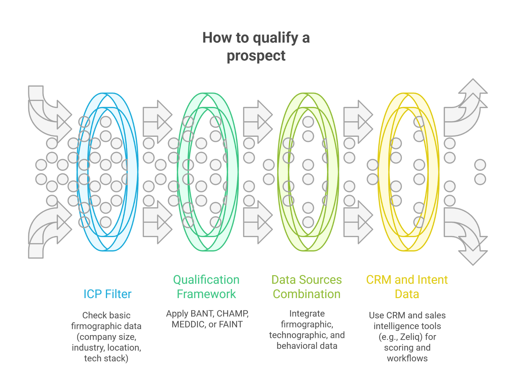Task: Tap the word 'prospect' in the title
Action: (256, 56)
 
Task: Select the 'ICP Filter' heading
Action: (107, 294)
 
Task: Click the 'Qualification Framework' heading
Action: (206, 287)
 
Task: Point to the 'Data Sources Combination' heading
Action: (307, 287)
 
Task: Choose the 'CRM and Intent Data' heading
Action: (407, 287)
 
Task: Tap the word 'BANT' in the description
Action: (202, 314)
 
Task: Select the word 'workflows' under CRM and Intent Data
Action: (407, 358)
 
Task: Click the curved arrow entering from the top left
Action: (45, 110)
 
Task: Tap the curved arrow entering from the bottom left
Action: (45, 232)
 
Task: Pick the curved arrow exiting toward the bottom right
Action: (468, 235)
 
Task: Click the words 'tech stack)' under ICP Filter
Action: (106, 358)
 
